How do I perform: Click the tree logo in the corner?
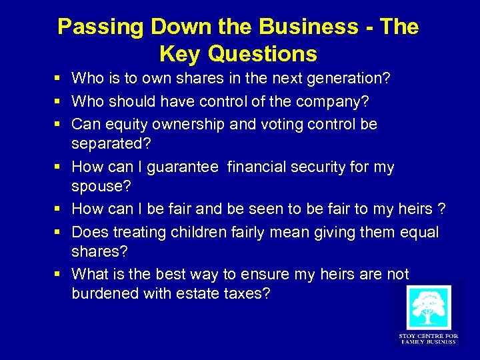pyautogui.click(x=428, y=307)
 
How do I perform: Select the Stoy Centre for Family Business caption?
pyautogui.click(x=428, y=339)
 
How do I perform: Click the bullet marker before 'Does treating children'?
pyautogui.click(x=59, y=232)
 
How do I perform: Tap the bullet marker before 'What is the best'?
pyautogui.click(x=59, y=274)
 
